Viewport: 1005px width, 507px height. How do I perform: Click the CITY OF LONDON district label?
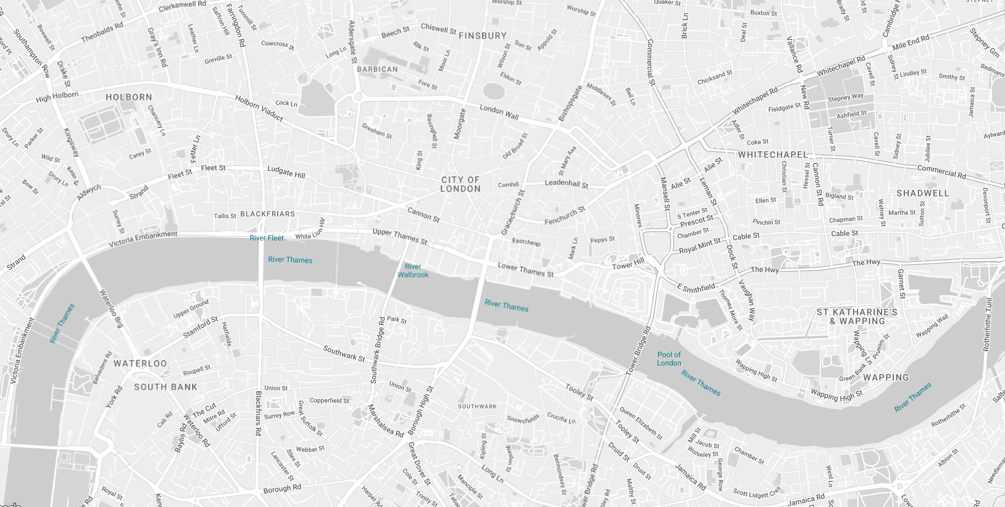click(x=460, y=184)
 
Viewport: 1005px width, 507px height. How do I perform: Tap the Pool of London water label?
click(x=669, y=358)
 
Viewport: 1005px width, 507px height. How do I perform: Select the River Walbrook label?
click(x=413, y=270)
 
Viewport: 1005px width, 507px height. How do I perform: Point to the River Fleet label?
click(x=266, y=238)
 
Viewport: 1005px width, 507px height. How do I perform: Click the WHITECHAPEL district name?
click(x=773, y=155)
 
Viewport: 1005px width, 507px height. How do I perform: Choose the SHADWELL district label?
click(x=922, y=193)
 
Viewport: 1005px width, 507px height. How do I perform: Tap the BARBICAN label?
click(x=378, y=69)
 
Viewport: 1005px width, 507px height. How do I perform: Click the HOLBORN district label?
click(x=128, y=97)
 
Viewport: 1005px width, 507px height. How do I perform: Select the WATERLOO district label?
click(x=140, y=363)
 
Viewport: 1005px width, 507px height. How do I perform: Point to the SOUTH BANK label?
click(x=165, y=387)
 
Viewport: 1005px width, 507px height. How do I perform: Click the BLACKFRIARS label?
click(x=268, y=214)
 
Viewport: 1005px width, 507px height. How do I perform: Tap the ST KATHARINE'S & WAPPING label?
click(x=857, y=317)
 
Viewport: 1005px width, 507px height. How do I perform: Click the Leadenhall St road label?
click(x=566, y=183)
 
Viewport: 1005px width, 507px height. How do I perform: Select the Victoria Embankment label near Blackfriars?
click(x=143, y=239)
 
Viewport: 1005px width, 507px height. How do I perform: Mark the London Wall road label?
click(x=499, y=112)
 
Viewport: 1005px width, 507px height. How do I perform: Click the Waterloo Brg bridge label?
click(x=111, y=308)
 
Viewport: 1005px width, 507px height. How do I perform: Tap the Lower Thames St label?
click(x=526, y=270)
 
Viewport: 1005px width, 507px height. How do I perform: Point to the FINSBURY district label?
click(x=483, y=36)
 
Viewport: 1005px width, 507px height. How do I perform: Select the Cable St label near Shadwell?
click(x=844, y=233)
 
